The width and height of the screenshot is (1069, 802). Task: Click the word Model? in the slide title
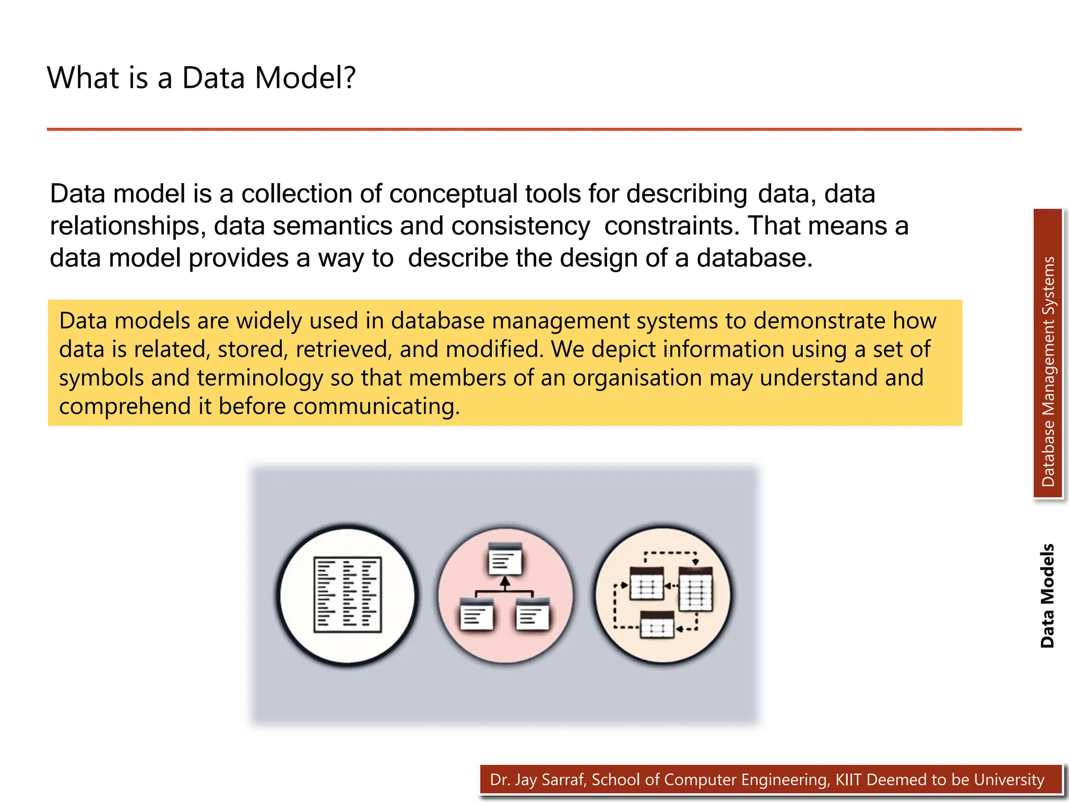pyautogui.click(x=305, y=78)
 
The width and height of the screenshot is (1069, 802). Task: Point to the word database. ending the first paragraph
pyautogui.click(x=754, y=258)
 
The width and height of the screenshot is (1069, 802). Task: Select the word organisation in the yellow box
pyautogui.click(x=637, y=378)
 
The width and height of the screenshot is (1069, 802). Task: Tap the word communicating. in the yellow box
pyautogui.click(x=376, y=407)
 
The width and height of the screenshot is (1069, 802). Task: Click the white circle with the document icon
pyautogui.click(x=347, y=595)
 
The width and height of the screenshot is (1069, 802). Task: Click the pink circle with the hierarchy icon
pyautogui.click(x=505, y=595)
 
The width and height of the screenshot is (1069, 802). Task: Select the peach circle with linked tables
pyautogui.click(x=663, y=595)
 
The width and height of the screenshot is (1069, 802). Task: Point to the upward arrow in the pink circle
pyautogui.click(x=504, y=582)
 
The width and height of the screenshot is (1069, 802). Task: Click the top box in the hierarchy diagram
pyautogui.click(x=505, y=559)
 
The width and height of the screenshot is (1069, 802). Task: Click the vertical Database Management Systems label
pyautogui.click(x=1048, y=371)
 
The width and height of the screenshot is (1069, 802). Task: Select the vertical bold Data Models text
pyautogui.click(x=1047, y=596)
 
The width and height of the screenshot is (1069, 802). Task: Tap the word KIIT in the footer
pyautogui.click(x=848, y=780)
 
